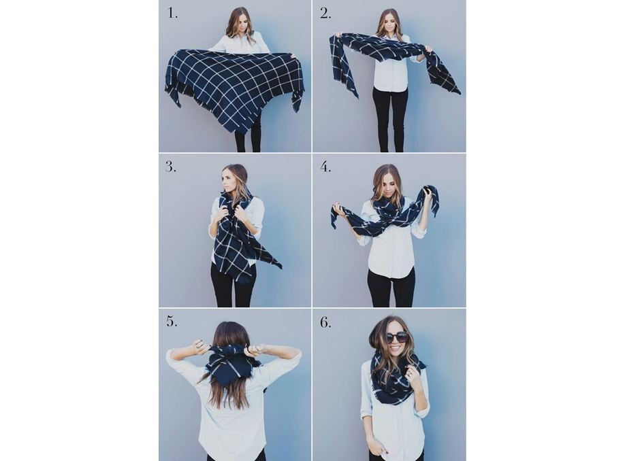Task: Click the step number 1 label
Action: coord(172,13)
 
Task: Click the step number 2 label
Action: coord(325,13)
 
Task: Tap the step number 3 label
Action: coord(171,167)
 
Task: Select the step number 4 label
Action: coord(325,167)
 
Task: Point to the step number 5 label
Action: coord(172,321)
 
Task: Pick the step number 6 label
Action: coord(325,322)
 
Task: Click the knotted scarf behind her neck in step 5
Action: coord(232,363)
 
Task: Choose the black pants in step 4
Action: coord(391,287)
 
